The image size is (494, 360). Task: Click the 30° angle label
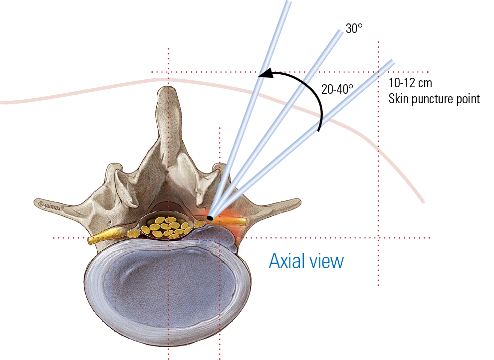point(354,29)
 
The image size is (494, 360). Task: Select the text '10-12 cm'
point(411,83)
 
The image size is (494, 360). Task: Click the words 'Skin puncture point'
point(434,99)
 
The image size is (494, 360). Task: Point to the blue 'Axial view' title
point(306,260)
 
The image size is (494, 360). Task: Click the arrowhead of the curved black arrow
point(265,74)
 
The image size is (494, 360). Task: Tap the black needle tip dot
point(210,218)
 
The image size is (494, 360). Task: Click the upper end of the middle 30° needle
point(339,30)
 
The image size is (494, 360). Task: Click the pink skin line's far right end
point(424,202)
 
